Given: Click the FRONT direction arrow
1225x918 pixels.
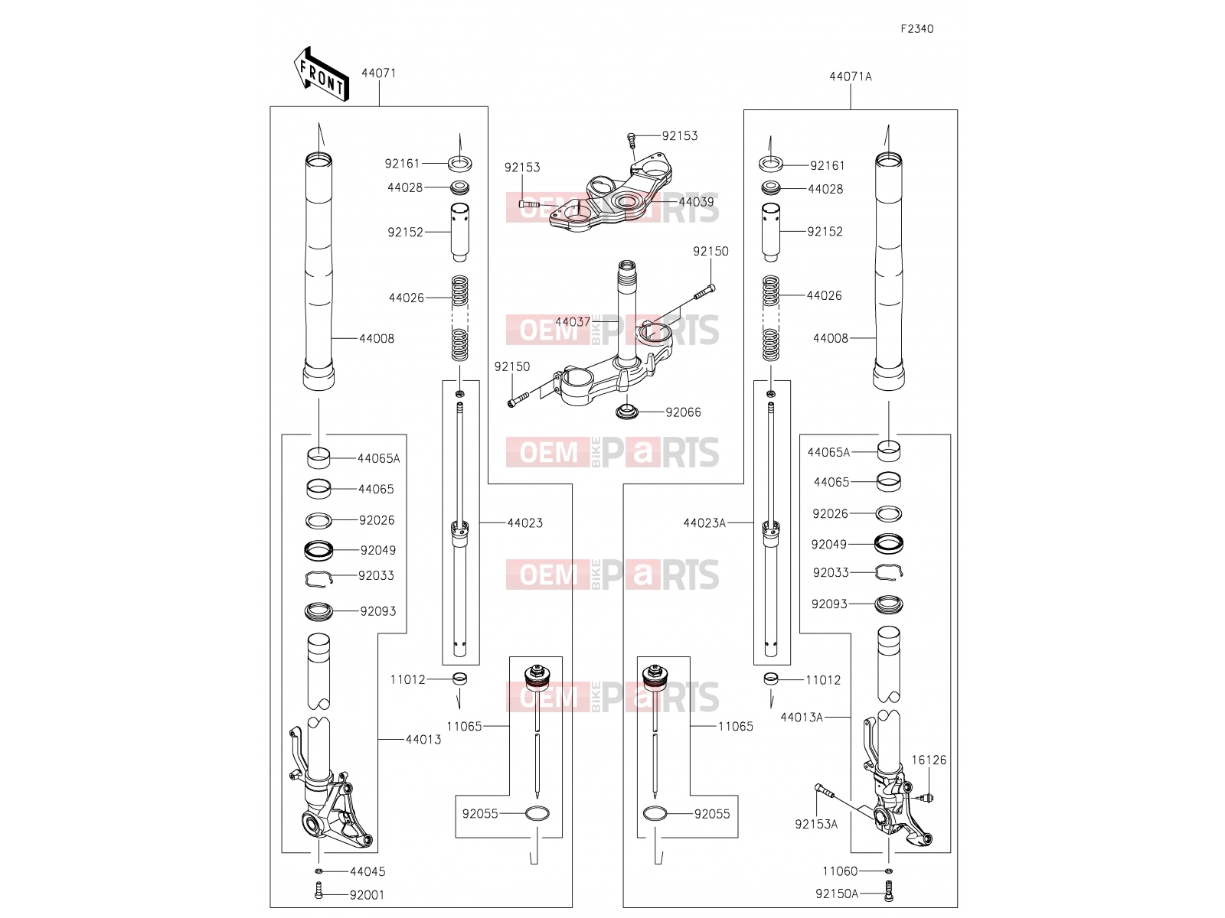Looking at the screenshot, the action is [322, 75].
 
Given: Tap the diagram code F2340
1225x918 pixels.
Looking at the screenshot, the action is [917, 29].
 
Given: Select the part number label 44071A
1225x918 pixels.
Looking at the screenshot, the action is [850, 76].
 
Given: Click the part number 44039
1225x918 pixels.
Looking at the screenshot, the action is [696, 202].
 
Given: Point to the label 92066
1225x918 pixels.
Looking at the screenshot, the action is [683, 412].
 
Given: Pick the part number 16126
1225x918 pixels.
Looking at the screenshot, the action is [929, 760].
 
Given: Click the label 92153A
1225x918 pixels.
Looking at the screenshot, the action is [816, 825].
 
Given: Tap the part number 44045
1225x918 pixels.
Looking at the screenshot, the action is [367, 872].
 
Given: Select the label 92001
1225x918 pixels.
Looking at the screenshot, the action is [367, 895].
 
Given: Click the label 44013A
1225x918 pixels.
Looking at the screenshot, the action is [802, 718].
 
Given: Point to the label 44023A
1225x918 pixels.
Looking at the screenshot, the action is [704, 522].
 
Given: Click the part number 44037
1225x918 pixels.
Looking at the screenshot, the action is [572, 322].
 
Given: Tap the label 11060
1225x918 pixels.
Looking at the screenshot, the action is [840, 871].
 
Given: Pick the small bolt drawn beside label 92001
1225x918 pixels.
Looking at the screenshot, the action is [318, 890].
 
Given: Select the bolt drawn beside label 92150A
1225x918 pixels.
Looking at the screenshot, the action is [888, 890].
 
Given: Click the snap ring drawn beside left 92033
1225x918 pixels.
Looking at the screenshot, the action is [318, 579].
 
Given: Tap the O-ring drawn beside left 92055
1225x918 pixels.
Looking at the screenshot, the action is [537, 814].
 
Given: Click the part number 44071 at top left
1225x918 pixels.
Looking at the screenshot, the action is [378, 73].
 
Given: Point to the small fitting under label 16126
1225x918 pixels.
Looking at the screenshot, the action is [929, 798].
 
